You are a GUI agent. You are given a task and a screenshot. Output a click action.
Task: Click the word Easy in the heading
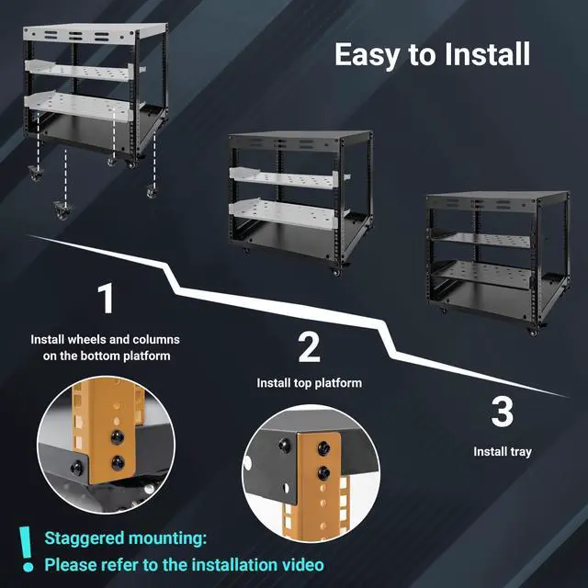[369, 54]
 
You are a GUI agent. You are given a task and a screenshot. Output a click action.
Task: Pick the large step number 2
[309, 347]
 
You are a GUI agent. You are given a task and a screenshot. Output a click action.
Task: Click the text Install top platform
[309, 383]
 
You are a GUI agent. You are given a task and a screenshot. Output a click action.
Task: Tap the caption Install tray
[502, 452]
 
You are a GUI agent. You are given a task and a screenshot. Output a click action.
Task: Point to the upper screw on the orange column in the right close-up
[322, 447]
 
